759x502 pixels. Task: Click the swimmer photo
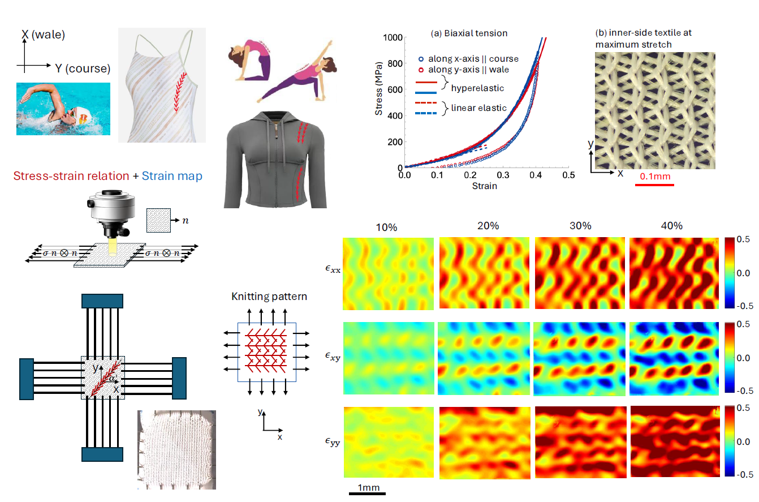[63, 109]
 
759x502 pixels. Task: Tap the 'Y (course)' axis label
[83, 68]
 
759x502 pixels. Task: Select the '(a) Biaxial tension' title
[469, 33]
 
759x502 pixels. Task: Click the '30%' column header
[580, 225]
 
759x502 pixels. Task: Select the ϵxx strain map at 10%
[388, 273]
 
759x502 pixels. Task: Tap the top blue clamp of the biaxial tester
[102, 301]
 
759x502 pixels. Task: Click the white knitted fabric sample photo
[176, 449]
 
